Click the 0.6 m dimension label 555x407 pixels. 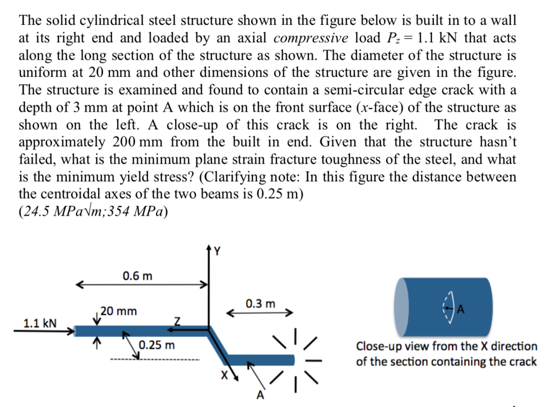pyautogui.click(x=137, y=276)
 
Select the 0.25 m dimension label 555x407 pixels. pyautogui.click(x=157, y=345)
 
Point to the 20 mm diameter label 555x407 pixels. pyautogui.click(x=119, y=311)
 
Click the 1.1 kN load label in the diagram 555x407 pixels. pyautogui.click(x=39, y=324)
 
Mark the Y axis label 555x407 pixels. pyautogui.click(x=218, y=251)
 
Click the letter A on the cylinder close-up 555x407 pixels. pyautogui.click(x=462, y=310)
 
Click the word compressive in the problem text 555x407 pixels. pyautogui.click(x=310, y=38)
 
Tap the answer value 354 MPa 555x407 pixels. pyautogui.click(x=141, y=211)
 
